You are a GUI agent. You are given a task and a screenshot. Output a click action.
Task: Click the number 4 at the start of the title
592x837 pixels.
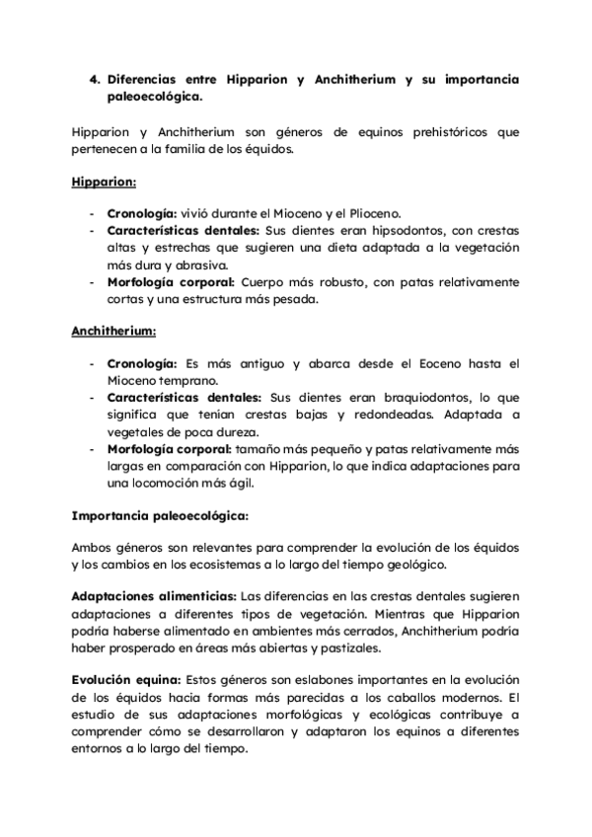click(94, 78)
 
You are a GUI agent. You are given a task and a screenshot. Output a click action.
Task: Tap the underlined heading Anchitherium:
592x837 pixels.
click(112, 332)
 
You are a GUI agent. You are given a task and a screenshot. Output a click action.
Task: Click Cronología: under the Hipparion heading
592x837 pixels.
click(141, 213)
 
